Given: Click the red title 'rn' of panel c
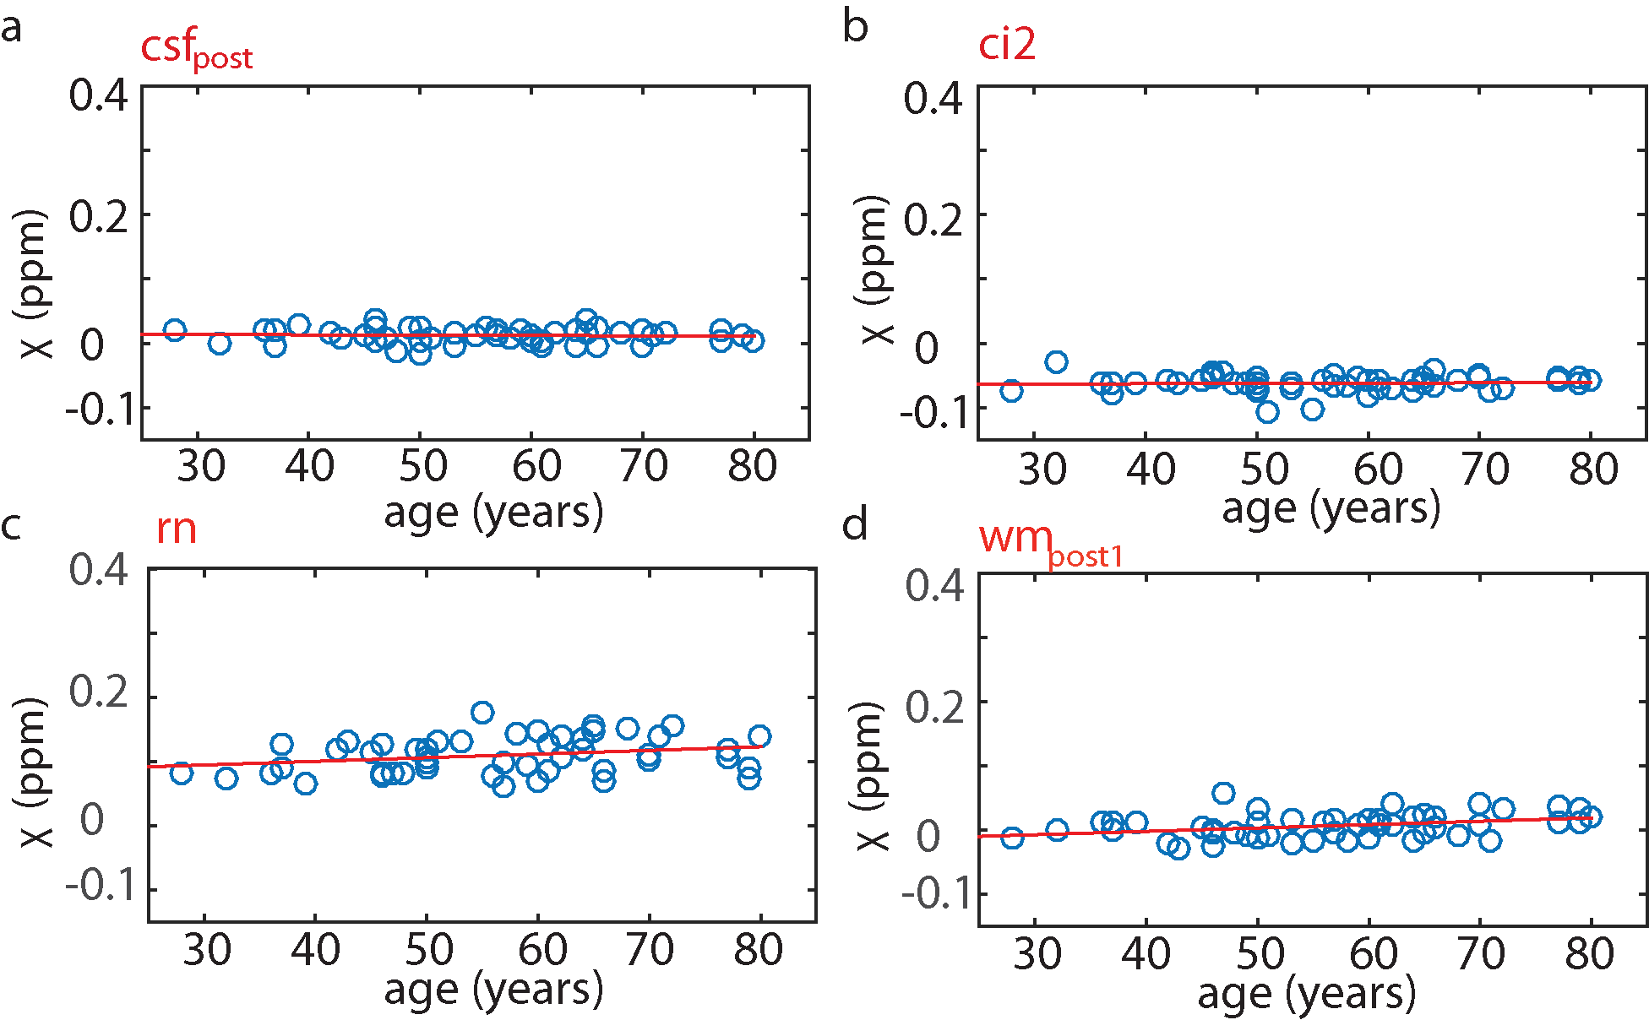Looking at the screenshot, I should [x=176, y=529].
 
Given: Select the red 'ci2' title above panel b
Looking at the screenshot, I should [x=1006, y=44].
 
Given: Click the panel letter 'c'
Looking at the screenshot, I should [x=11, y=525].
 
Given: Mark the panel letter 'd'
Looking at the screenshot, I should [x=855, y=524].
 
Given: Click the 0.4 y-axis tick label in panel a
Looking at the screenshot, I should [x=98, y=95].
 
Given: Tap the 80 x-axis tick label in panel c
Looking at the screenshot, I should [x=758, y=950].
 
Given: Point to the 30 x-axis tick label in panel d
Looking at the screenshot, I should [x=1037, y=954].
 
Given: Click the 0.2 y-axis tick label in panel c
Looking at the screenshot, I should [x=98, y=692].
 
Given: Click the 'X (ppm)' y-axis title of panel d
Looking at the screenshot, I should [x=873, y=776].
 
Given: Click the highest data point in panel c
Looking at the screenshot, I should [x=482, y=712].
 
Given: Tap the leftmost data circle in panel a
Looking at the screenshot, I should [x=174, y=330].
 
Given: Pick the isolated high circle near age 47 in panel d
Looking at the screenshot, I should [x=1223, y=793].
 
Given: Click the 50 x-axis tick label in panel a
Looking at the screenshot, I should [x=423, y=466].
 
